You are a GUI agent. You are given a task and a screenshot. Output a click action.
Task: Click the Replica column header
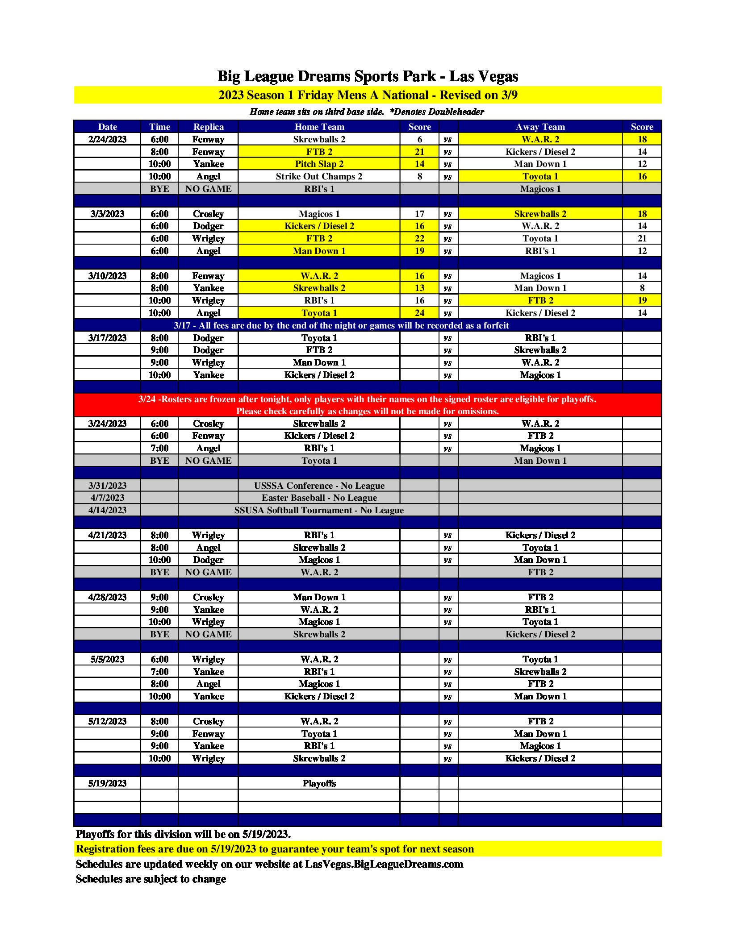(x=208, y=127)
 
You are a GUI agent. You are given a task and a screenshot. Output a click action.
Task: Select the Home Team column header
(x=319, y=127)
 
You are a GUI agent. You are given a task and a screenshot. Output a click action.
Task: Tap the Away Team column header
(x=540, y=127)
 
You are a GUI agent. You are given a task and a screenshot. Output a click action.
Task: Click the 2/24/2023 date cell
(x=107, y=139)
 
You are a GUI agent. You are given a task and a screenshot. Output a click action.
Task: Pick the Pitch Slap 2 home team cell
(x=319, y=164)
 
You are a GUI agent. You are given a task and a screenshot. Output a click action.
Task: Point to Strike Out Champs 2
(x=319, y=176)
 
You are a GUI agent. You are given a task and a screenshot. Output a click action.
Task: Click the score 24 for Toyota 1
(x=419, y=313)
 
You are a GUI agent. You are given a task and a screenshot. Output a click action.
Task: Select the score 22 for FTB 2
(x=419, y=238)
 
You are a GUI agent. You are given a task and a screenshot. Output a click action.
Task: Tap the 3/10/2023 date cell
(x=107, y=276)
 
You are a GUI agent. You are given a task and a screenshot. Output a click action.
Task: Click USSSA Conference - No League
(x=319, y=486)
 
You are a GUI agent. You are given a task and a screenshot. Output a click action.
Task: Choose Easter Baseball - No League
(x=319, y=498)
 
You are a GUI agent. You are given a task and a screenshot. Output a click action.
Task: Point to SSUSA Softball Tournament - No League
(x=319, y=510)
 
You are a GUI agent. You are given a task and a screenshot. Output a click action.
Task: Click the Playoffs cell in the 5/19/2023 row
(x=319, y=783)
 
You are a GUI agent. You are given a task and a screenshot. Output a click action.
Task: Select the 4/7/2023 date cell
(x=107, y=498)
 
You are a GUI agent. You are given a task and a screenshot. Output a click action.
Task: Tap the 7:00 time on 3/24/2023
(x=159, y=448)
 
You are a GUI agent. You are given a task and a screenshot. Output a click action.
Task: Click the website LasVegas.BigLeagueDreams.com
(x=384, y=864)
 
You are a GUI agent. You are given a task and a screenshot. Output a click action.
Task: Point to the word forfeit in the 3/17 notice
(x=493, y=325)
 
